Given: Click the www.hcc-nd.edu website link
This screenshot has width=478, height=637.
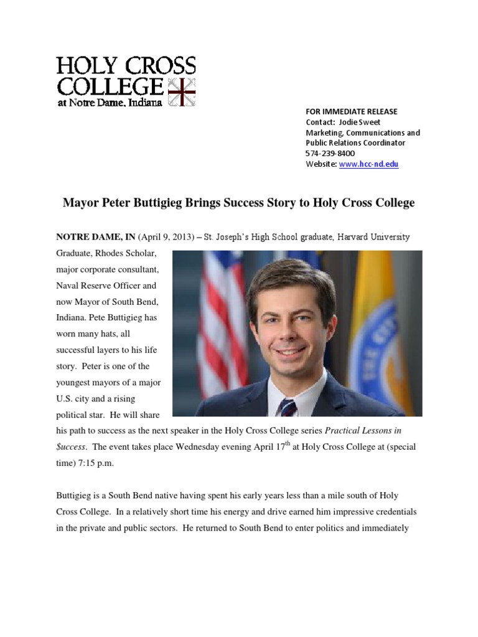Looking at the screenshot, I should (368, 164).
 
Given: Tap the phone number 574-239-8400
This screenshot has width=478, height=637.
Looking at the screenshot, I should (330, 154).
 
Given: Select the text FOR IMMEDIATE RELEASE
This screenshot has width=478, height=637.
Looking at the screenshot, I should (351, 111).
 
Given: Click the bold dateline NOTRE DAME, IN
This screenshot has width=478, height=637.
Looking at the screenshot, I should (96, 237).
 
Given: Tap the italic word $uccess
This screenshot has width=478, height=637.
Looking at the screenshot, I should (72, 447).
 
